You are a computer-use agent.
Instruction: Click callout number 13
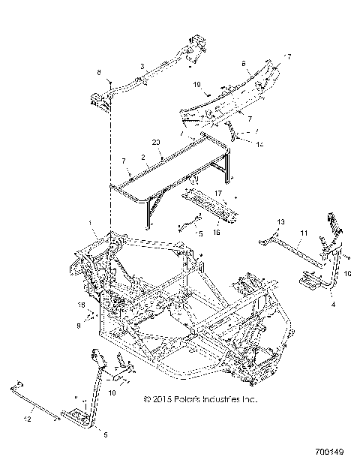tap(281, 223)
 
